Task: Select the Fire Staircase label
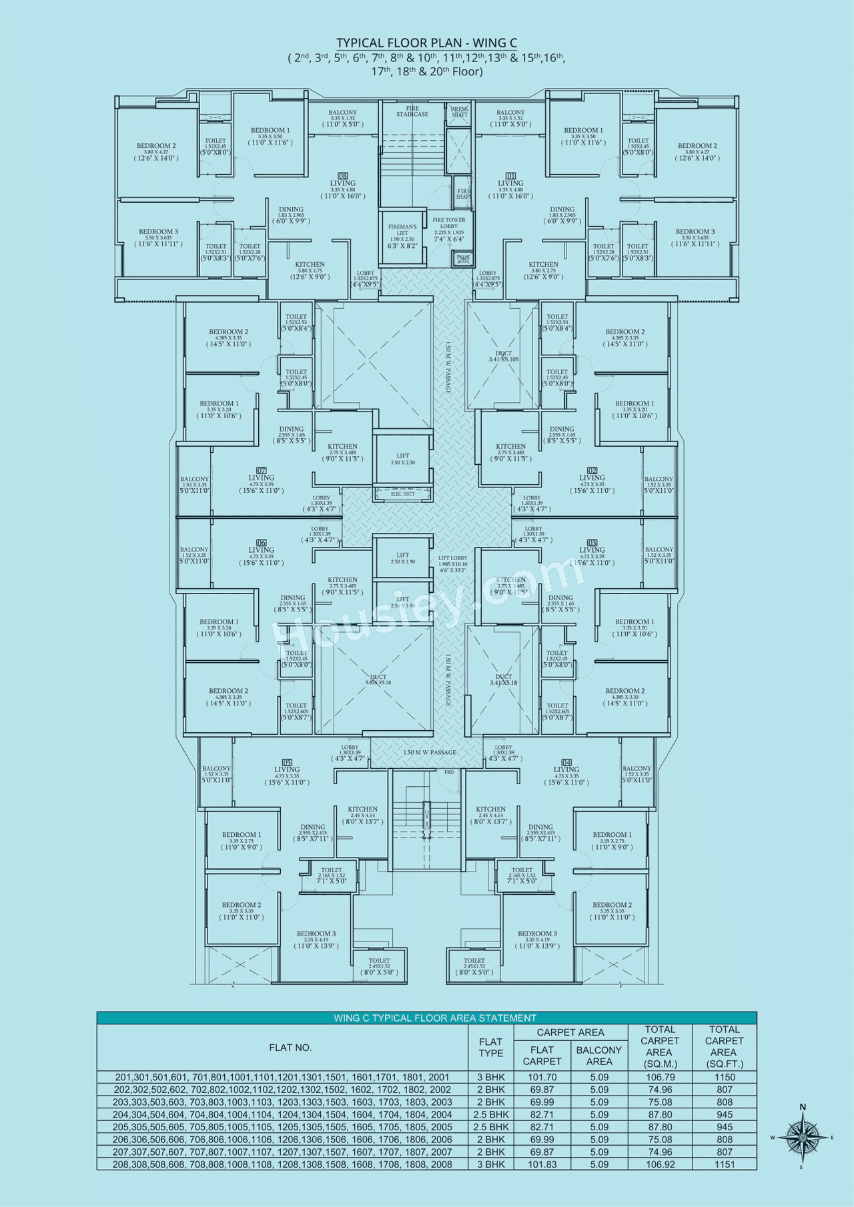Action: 412,111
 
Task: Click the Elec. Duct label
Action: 402,494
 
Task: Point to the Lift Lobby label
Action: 453,561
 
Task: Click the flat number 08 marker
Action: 343,176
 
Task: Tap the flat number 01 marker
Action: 511,176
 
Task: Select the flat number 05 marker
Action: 287,762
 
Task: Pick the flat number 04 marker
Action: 566,762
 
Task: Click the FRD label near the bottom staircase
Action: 449,772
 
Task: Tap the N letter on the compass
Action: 803,1108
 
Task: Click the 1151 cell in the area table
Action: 724,1164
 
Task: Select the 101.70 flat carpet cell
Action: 542,1077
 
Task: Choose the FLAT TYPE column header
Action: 490,1047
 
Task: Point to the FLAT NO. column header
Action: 290,1048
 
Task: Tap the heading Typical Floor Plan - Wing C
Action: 426,43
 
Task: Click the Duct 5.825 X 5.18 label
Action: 378,680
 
